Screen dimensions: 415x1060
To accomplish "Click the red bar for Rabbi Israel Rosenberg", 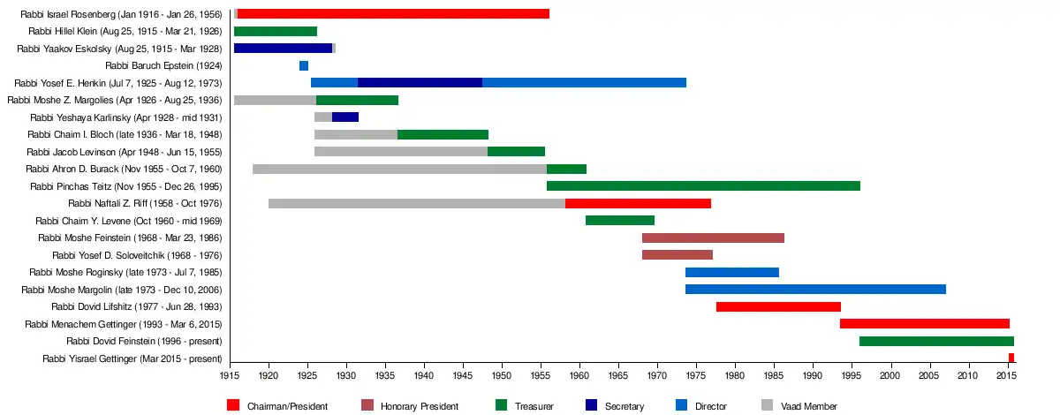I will click(393, 14).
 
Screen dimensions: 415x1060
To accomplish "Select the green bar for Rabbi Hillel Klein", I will click(276, 32).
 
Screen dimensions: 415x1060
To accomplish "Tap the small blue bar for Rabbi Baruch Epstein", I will click(304, 66).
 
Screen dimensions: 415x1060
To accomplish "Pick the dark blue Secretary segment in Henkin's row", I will click(420, 83).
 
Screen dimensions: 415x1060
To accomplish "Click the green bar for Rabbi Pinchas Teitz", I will click(703, 186).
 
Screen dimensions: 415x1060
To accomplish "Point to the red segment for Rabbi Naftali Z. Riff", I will click(638, 204).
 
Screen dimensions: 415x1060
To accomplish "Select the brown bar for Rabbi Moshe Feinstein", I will click(713, 238).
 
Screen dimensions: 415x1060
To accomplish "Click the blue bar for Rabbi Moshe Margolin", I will click(815, 290).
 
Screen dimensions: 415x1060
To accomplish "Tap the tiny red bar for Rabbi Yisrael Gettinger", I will click(1011, 358).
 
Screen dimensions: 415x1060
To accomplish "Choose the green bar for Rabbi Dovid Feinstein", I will click(936, 342).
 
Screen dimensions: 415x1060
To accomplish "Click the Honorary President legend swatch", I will click(367, 405).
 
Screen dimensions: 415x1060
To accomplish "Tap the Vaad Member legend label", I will click(809, 406).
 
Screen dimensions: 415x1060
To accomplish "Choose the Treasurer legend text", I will click(536, 406).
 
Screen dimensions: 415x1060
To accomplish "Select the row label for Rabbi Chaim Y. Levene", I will click(128, 221).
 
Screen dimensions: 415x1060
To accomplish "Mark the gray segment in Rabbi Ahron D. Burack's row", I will click(399, 169).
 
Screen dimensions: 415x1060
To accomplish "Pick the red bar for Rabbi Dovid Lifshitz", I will click(778, 307).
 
